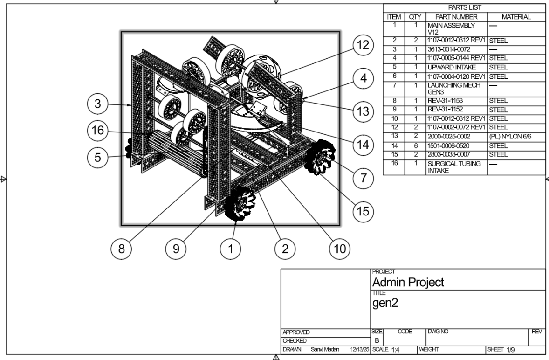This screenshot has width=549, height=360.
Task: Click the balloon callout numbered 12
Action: (x=363, y=45)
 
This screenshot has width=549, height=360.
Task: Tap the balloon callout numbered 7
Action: (x=363, y=178)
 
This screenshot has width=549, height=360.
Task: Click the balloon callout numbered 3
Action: (x=97, y=104)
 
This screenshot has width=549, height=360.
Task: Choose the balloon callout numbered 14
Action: (x=363, y=144)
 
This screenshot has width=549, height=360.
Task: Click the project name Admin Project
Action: (x=408, y=282)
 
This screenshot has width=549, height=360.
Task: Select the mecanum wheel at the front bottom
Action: (x=238, y=203)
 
